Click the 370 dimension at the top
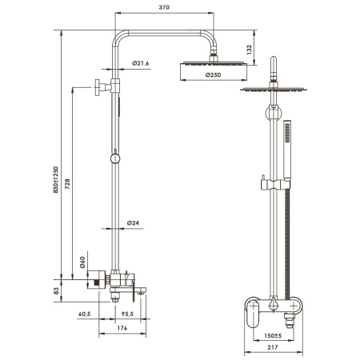(166, 7)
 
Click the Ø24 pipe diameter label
(134, 222)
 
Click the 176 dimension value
(122, 327)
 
